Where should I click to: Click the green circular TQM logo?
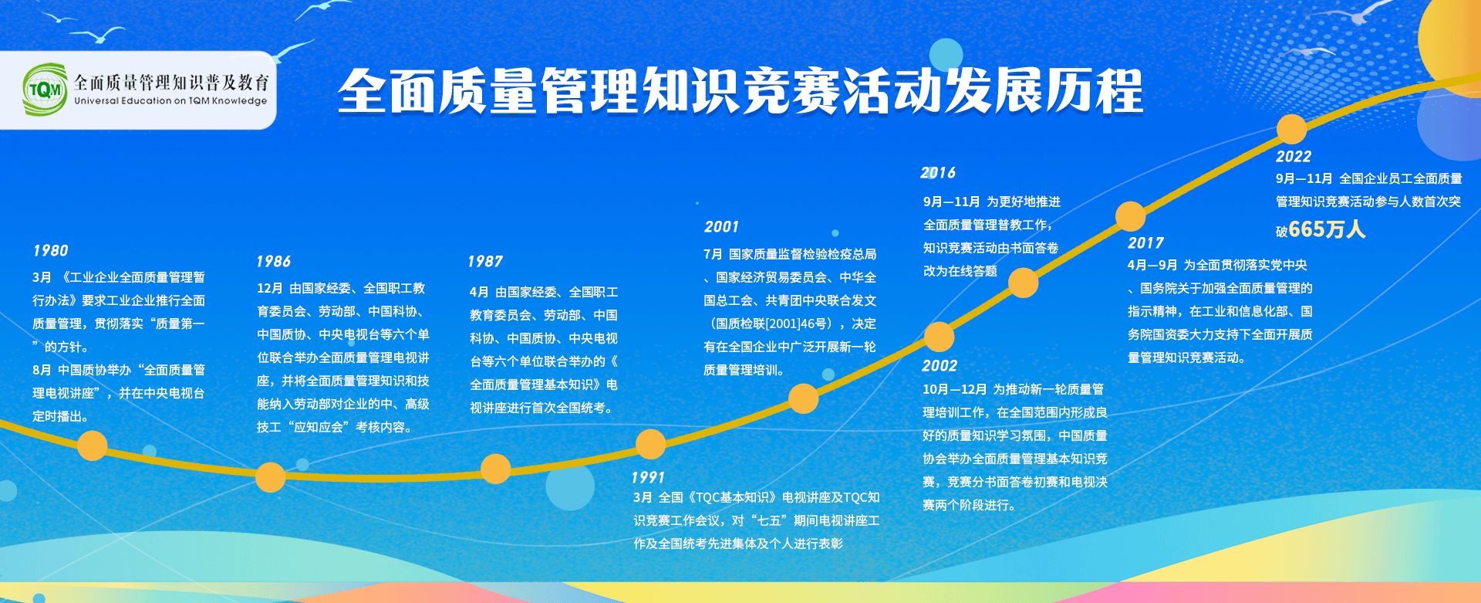tap(46, 90)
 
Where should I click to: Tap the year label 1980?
tap(50, 251)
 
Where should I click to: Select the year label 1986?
tap(274, 262)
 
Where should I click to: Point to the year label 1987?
tap(485, 262)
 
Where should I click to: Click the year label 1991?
tap(648, 477)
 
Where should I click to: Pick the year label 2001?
tap(721, 227)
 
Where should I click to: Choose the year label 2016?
tap(938, 173)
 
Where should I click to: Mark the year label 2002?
tap(940, 366)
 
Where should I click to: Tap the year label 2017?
tap(1145, 243)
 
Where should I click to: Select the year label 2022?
tap(1294, 157)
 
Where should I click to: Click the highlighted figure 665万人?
tap(1327, 229)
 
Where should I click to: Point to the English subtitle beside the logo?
tap(170, 101)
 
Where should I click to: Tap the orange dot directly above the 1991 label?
tap(650, 444)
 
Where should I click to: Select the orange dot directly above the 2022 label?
tap(1292, 129)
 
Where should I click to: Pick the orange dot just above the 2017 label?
tap(1130, 216)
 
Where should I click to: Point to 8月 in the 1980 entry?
tap(42, 371)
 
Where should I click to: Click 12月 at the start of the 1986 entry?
tap(270, 289)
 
